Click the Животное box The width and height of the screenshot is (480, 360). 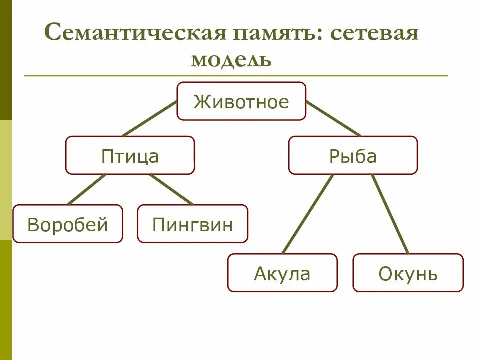(241, 101)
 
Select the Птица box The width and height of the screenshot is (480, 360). (130, 155)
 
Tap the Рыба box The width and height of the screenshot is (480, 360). (352, 155)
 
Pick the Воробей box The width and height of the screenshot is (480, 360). (67, 224)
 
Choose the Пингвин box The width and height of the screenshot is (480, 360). (192, 224)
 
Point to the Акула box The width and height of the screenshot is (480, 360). (282, 273)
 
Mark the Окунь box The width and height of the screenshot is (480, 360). (408, 273)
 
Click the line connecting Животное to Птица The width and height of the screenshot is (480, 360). (150, 119)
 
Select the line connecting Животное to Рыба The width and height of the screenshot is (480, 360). (333, 119)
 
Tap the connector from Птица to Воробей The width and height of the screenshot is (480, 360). (87, 189)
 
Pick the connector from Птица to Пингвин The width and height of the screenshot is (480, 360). (171, 189)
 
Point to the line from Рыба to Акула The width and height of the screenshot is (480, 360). (307, 214)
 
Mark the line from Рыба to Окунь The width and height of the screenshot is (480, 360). (390, 214)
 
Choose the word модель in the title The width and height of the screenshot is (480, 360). (231, 60)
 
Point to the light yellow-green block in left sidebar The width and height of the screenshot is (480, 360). (5, 180)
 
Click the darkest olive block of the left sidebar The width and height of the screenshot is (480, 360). (5, 60)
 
